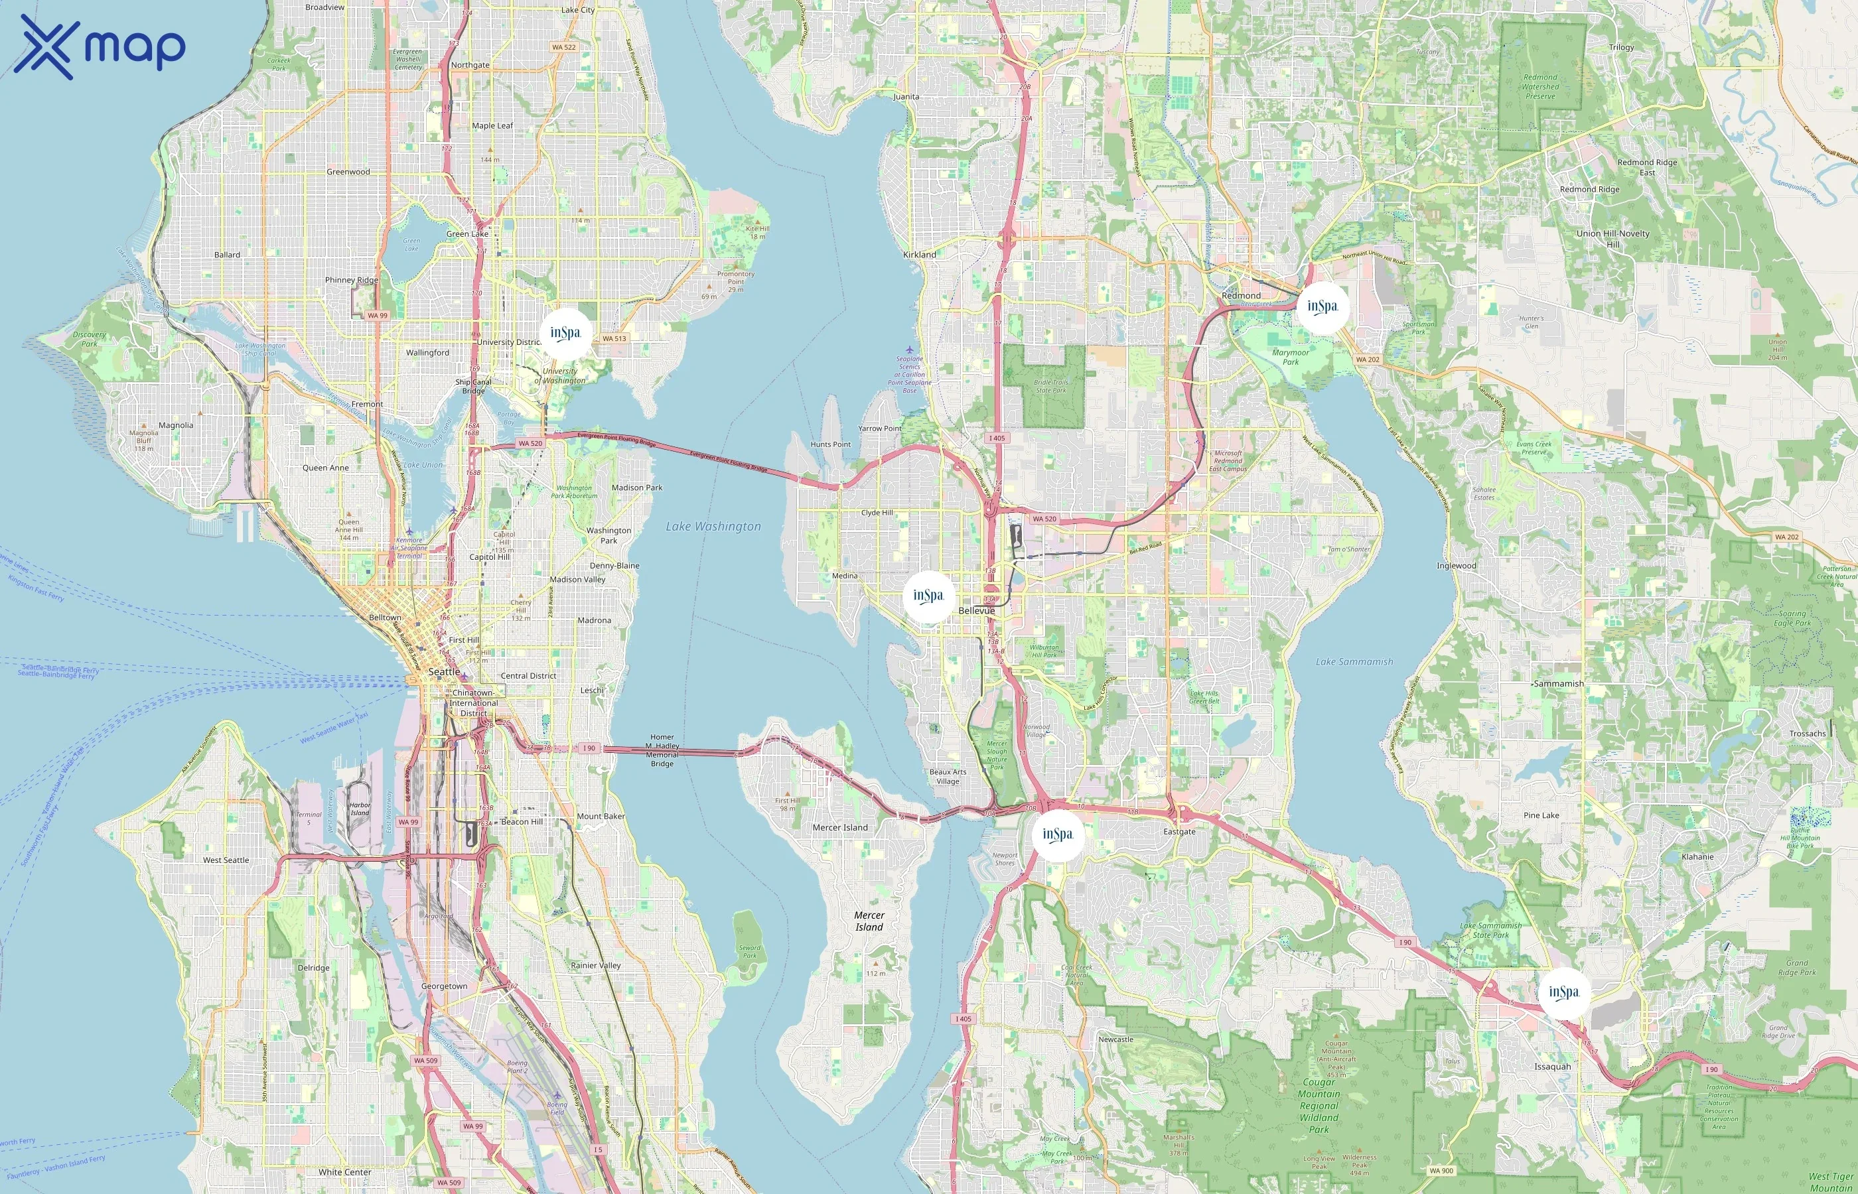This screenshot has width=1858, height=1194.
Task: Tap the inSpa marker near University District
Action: tap(565, 334)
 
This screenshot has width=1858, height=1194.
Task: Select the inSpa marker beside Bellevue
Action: tap(928, 596)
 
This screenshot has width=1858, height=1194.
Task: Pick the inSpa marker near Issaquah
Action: tap(1563, 992)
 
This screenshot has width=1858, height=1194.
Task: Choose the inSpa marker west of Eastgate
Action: tap(1057, 835)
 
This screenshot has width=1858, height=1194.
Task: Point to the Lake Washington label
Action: tap(713, 527)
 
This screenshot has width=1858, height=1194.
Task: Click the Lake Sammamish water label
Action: tap(1354, 661)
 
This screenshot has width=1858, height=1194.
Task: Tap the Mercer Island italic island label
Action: tap(869, 921)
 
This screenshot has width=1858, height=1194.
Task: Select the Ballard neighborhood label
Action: tap(227, 254)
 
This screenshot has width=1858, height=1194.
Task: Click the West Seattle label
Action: tap(226, 860)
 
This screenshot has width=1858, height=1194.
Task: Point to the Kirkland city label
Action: tap(920, 254)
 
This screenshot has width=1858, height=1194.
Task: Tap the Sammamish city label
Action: tap(1559, 684)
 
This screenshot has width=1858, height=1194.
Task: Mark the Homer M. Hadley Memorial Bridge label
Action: tap(662, 750)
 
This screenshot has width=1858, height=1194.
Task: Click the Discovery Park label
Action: tap(89, 339)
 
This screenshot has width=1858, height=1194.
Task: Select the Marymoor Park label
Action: tap(1291, 357)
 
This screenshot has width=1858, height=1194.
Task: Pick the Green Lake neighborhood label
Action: tap(467, 233)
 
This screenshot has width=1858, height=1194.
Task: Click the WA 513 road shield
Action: tap(615, 338)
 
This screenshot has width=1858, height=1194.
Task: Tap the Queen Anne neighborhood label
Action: tap(326, 468)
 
